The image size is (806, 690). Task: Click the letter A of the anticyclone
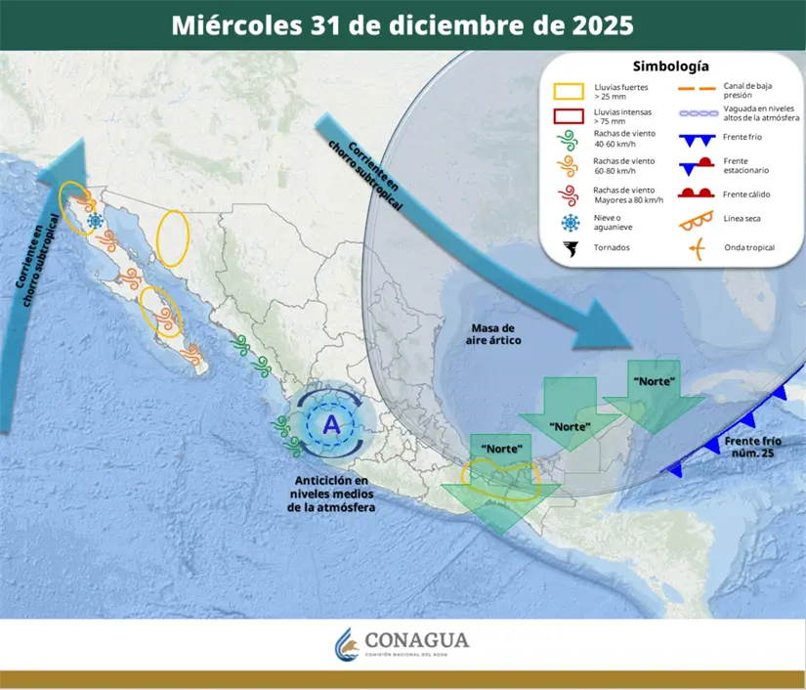click(332, 425)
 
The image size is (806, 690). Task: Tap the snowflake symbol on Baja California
click(96, 221)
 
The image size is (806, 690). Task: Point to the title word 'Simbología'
click(670, 66)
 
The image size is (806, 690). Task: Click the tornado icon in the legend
click(569, 248)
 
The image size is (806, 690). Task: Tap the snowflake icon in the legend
click(569, 221)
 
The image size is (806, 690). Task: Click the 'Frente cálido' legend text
click(747, 194)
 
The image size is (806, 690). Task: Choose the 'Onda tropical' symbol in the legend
click(694, 247)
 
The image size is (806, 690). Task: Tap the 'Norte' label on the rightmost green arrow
click(654, 380)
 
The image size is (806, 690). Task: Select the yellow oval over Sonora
click(173, 238)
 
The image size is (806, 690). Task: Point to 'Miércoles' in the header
click(231, 24)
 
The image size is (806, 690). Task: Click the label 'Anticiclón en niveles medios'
click(332, 494)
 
